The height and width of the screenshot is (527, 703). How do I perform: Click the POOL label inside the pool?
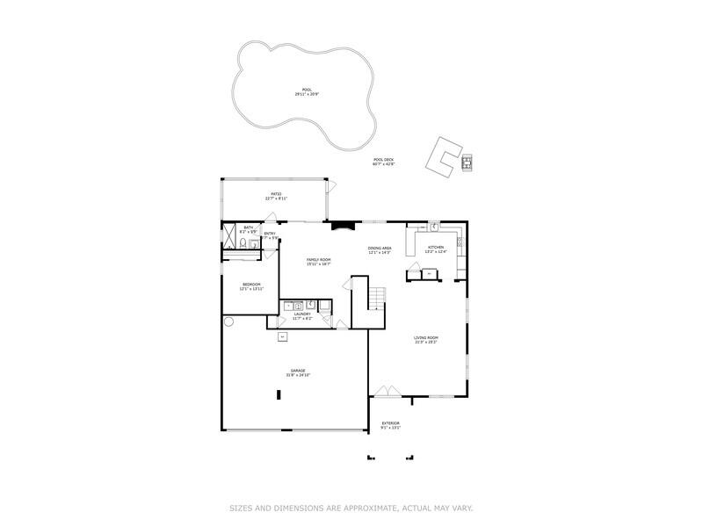[x=307, y=90]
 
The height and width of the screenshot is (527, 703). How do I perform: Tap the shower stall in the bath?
[x=230, y=240]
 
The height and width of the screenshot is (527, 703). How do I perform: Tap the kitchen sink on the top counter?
[x=432, y=226]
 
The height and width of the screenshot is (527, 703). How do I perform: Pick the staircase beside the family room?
[x=376, y=299]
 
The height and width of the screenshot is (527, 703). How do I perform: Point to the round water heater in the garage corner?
[x=228, y=322]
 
